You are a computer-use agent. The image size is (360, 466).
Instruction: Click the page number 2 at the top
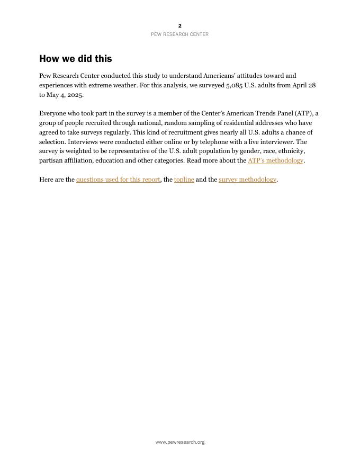coord(180,26)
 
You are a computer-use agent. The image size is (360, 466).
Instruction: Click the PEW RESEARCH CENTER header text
coord(179,34)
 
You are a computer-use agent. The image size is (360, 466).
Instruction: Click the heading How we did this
coord(75,59)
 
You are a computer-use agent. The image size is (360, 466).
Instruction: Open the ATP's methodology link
coord(275,160)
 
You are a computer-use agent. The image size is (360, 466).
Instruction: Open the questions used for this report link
coord(118,180)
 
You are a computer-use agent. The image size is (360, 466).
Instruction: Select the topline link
coord(184,180)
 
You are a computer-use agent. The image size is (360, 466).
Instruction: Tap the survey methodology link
coord(247,180)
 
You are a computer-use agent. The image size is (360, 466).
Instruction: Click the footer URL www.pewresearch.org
coord(180,442)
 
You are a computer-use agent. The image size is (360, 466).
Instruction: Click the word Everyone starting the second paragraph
coord(52,113)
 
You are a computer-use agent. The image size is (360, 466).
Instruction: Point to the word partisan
coord(51,160)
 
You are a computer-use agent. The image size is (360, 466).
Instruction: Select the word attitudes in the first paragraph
coord(252,76)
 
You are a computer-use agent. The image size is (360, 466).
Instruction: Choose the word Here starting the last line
coord(46,180)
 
